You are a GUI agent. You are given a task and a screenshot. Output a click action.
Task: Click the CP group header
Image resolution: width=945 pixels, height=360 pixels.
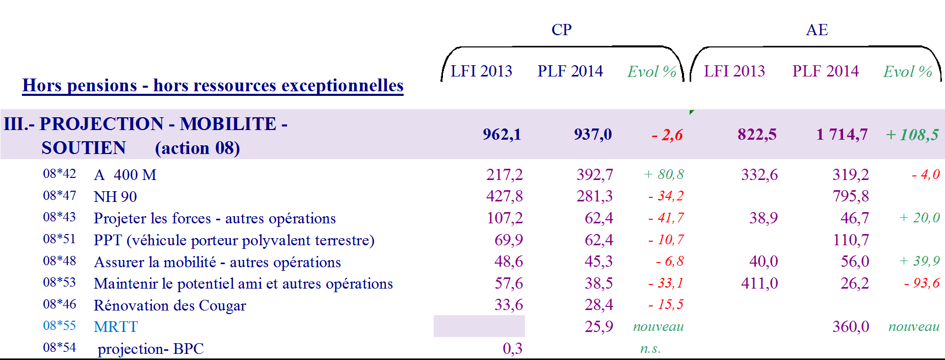click(561, 30)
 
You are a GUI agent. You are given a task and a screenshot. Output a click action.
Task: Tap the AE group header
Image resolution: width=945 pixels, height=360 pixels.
click(817, 30)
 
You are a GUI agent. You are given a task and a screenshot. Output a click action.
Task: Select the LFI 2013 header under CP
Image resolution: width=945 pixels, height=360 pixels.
click(481, 71)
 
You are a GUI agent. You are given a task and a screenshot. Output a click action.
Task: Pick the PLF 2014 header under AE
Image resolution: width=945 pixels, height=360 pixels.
click(825, 71)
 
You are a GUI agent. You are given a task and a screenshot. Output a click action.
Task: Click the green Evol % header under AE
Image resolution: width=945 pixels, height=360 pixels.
click(907, 71)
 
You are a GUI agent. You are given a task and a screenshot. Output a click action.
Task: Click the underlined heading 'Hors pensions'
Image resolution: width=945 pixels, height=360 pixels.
click(213, 85)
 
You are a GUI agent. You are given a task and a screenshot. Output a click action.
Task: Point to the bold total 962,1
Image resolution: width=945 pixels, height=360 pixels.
click(502, 134)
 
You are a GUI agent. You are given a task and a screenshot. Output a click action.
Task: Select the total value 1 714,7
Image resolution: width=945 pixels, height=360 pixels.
click(842, 134)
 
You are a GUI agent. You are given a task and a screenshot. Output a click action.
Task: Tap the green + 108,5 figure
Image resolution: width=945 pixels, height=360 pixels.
click(912, 135)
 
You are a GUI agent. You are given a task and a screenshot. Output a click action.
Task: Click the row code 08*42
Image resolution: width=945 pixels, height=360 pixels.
click(59, 174)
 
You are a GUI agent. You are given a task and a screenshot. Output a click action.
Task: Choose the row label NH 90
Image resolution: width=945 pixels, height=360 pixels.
click(115, 197)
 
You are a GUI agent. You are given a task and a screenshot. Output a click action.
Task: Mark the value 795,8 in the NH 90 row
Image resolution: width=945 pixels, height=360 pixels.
click(850, 196)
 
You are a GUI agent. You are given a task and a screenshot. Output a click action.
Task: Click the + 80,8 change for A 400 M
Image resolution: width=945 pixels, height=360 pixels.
click(664, 174)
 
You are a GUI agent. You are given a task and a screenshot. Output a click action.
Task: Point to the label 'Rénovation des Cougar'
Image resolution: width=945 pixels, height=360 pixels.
click(170, 305)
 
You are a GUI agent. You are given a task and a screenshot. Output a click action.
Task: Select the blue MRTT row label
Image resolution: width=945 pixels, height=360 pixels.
click(116, 327)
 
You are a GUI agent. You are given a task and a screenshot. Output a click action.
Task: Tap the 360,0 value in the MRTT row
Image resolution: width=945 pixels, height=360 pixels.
click(850, 326)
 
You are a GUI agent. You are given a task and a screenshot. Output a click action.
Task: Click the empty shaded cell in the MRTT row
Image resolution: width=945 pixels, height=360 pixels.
click(479, 326)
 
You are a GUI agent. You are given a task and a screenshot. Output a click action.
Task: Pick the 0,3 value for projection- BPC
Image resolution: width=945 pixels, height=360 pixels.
click(512, 348)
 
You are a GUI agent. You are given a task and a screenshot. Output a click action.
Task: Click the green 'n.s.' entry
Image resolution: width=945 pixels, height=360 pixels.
click(650, 349)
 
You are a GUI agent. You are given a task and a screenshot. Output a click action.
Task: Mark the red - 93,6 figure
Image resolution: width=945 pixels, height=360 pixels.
click(922, 283)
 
